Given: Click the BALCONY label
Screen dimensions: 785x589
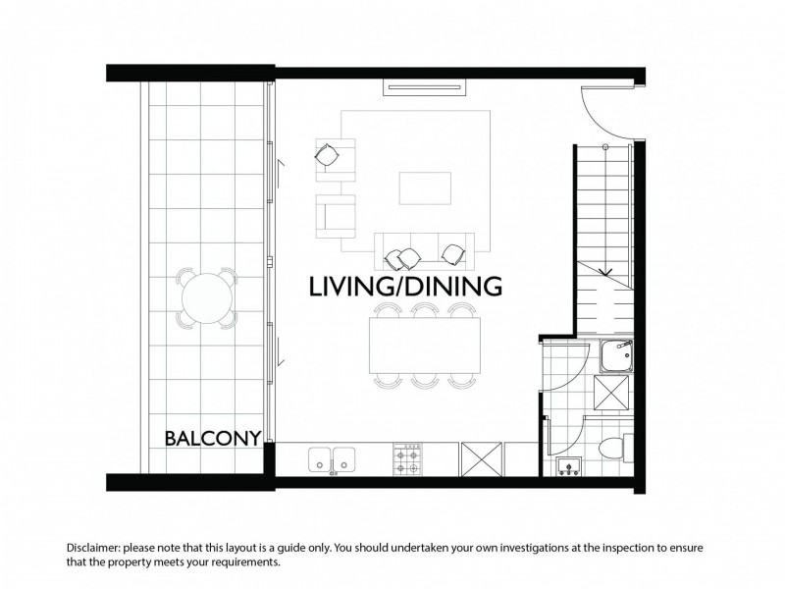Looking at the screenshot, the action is (x=213, y=438).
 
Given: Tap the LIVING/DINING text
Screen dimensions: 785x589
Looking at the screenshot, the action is (x=405, y=287).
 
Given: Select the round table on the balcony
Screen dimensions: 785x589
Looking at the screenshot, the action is (x=207, y=298).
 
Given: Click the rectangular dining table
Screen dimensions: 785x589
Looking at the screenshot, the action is (x=425, y=346).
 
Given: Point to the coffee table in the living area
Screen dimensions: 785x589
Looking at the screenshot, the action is (x=425, y=188).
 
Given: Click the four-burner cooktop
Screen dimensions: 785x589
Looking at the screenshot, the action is (x=407, y=458).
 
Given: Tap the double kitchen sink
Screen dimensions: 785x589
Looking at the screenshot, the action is (x=332, y=459).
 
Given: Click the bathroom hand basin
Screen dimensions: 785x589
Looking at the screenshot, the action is (x=569, y=465).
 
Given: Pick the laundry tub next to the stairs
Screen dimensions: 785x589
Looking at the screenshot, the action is (x=616, y=356).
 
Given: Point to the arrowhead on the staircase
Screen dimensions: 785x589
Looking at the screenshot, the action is (x=606, y=272).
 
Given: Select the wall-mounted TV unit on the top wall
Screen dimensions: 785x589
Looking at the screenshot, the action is (x=425, y=87).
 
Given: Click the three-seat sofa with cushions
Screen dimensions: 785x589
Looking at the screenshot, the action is (x=425, y=251).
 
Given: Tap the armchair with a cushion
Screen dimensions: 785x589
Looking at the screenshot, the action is (x=335, y=159).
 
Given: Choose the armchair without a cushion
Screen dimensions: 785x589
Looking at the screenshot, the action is (x=336, y=216).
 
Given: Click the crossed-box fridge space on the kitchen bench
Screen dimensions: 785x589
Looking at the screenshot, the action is (x=481, y=458).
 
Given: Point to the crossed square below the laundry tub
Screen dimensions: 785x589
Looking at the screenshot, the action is (x=610, y=393).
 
